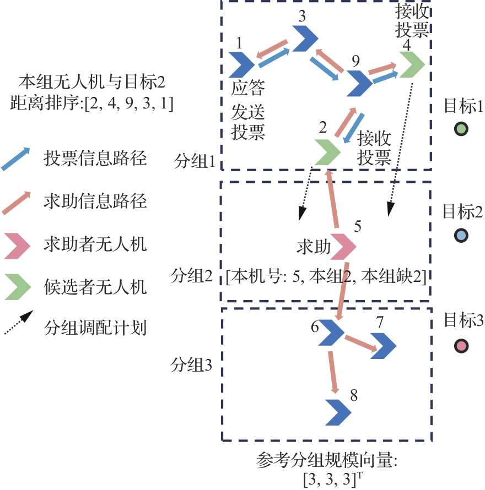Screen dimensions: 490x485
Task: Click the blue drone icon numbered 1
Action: click(x=241, y=65)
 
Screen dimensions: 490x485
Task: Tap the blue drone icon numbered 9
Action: click(x=359, y=83)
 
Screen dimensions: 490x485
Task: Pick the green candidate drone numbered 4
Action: click(x=411, y=66)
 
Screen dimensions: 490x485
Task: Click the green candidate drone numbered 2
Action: click(x=327, y=153)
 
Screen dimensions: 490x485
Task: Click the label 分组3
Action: click(x=192, y=364)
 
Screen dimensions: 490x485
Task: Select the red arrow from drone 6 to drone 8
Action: click(x=332, y=372)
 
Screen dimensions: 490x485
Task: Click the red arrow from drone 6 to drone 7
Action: click(x=361, y=344)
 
